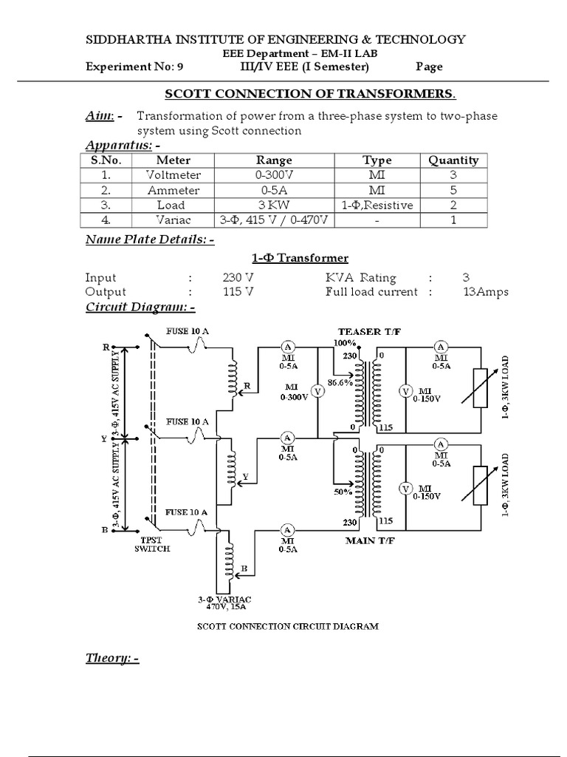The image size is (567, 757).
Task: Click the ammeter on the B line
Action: (x=288, y=529)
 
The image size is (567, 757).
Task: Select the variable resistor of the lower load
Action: (x=481, y=487)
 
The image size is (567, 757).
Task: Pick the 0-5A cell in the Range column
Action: (x=274, y=190)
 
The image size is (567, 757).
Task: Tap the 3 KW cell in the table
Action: (x=274, y=205)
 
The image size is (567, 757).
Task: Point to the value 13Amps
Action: (x=486, y=292)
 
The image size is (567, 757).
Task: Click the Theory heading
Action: (x=112, y=658)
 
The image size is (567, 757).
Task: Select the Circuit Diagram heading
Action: (x=140, y=307)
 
